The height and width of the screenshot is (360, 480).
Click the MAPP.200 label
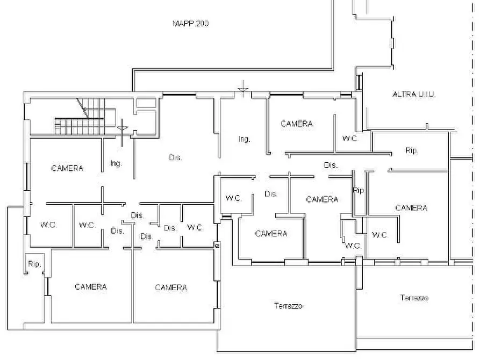point(191,24)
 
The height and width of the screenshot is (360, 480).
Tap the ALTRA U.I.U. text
point(414,94)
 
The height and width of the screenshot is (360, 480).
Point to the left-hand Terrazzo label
point(288,306)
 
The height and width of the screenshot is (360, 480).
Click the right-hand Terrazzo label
point(414,298)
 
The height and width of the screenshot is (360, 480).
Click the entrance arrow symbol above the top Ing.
point(243,89)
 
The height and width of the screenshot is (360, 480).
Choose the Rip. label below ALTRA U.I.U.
point(412,150)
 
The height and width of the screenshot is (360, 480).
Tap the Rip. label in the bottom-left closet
point(34,264)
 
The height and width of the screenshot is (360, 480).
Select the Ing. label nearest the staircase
point(116,163)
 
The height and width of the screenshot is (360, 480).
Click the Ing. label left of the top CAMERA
point(244,139)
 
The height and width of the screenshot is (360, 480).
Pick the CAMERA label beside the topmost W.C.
point(297,124)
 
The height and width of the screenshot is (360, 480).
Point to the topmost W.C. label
point(350,139)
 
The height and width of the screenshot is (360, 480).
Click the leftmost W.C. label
point(48,225)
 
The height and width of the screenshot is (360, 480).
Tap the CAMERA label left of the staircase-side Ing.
point(67,168)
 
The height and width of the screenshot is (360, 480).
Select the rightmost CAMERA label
point(411,208)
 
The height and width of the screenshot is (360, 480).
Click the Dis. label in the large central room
point(175,157)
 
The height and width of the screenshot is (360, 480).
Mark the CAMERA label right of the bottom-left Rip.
point(91,286)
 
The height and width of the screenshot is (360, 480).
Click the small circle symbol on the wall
point(217,245)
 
